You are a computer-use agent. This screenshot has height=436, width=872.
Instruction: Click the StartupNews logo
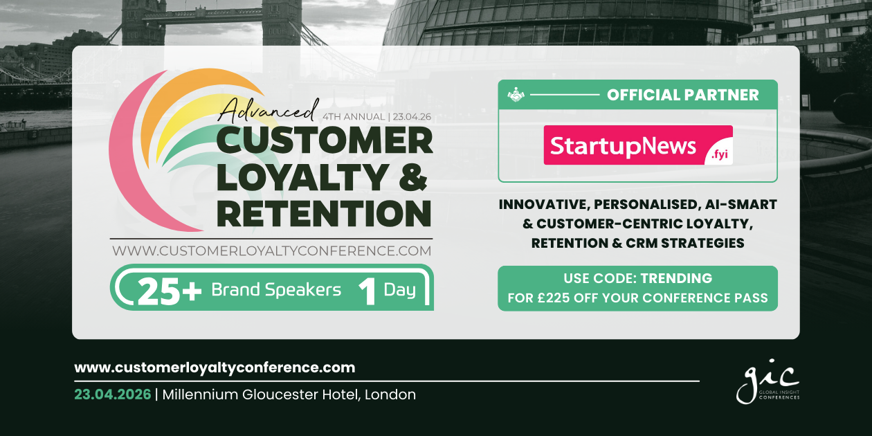click(x=638, y=145)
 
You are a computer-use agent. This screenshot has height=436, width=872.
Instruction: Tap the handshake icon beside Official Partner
click(x=516, y=95)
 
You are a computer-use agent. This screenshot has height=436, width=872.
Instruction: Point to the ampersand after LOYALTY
click(x=412, y=176)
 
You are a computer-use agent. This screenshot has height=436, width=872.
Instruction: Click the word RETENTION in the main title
click(x=324, y=213)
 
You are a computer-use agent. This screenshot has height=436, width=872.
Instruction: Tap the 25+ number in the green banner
click(x=170, y=291)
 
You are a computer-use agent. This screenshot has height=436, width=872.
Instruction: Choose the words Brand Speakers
click(x=276, y=290)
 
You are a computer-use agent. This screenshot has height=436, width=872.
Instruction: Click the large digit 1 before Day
click(x=367, y=291)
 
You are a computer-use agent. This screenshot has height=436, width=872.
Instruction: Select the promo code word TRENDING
click(x=676, y=278)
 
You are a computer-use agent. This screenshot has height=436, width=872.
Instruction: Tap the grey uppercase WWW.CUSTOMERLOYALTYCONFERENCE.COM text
click(x=272, y=251)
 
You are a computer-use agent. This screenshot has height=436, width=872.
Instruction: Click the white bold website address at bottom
click(x=215, y=367)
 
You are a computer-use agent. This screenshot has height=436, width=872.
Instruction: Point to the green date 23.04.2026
click(x=113, y=394)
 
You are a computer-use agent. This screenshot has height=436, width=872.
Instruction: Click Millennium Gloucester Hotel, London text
click(x=289, y=394)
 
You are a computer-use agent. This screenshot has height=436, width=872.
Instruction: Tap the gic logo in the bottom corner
click(x=767, y=381)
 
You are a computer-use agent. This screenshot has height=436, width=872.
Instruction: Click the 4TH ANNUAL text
click(x=354, y=117)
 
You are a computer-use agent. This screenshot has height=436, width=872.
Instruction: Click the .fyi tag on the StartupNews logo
click(x=720, y=155)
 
